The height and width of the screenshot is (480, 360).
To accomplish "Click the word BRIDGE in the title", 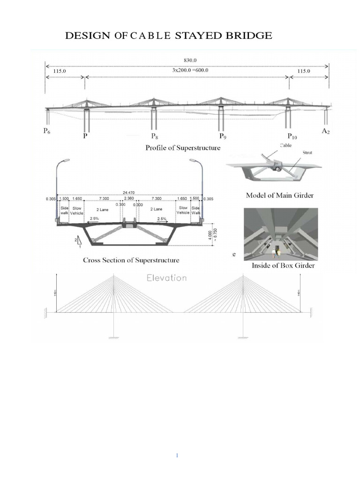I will [246, 36].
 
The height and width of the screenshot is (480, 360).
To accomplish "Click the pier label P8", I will [155, 136].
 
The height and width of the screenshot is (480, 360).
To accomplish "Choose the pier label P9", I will [223, 136].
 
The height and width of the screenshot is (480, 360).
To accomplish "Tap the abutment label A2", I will [326, 132].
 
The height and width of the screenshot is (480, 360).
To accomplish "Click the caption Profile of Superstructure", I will [183, 148].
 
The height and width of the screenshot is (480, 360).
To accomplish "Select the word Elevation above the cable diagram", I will [167, 277].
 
